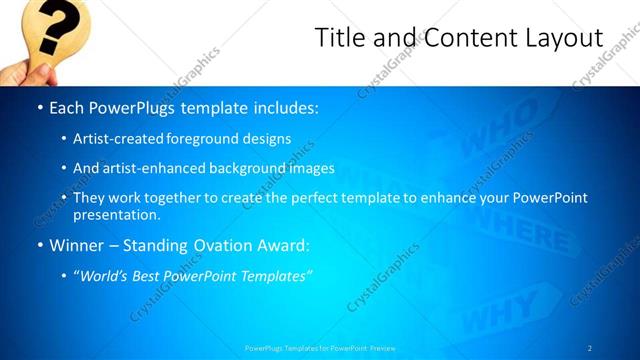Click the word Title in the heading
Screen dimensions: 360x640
[341, 38]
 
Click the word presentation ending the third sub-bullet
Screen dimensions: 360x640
[117, 214]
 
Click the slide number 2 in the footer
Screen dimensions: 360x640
[590, 347]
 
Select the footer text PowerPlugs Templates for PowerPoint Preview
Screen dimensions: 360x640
[320, 347]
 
